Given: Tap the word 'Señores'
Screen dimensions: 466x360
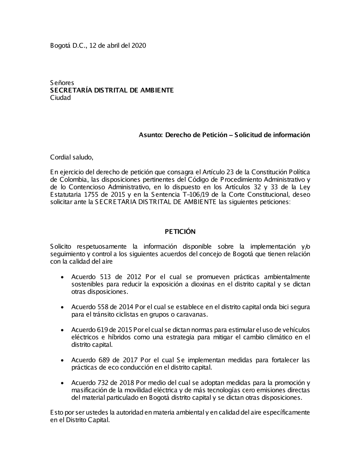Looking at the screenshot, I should tap(62, 83).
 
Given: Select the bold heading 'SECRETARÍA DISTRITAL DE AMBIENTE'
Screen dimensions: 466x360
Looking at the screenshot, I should tap(112, 90).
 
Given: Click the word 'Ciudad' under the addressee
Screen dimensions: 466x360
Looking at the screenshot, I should tap(60, 98).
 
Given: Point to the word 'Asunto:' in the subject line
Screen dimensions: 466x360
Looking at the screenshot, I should tap(151, 135).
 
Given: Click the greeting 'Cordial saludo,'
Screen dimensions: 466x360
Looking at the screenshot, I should tap(72, 157).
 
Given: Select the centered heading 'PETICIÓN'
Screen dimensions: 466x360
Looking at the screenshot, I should tap(180, 232).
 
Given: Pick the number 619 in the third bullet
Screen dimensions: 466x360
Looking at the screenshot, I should tap(102, 330).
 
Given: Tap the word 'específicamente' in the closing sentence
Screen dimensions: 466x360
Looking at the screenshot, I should tap(288, 413).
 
